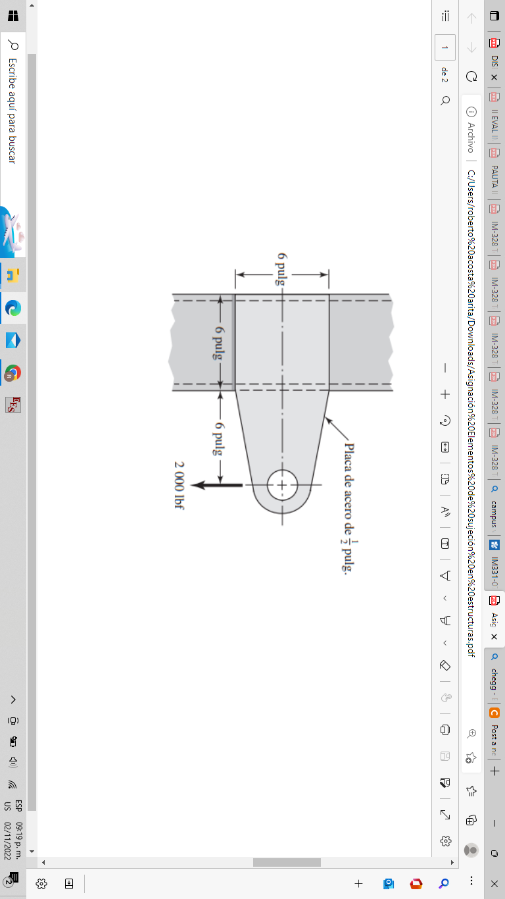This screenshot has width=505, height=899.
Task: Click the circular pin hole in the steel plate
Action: point(282,485)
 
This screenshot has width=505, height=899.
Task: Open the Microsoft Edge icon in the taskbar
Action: point(13,307)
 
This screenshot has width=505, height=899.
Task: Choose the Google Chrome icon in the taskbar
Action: point(13,372)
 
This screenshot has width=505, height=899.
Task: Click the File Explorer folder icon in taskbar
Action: point(13,275)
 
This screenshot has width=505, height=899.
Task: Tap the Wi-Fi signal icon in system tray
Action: point(12,784)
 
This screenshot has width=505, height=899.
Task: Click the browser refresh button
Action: point(471,76)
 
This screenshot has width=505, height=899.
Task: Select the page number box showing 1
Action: point(445,47)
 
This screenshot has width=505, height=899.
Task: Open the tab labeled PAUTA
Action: point(494,176)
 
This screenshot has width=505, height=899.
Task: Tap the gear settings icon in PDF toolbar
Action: point(445,840)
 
